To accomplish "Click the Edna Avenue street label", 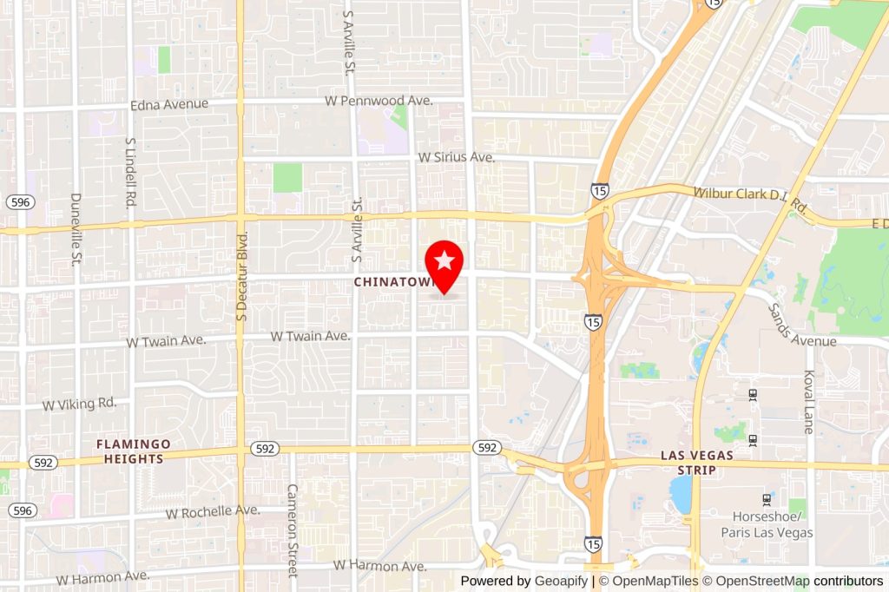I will point(169,104).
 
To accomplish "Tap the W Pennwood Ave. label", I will point(379,101).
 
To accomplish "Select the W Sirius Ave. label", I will point(456,158).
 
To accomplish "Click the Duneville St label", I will point(76,228).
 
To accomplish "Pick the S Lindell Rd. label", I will point(131,172).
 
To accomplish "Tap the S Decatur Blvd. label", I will point(243,276).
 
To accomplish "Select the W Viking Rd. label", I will point(79,404).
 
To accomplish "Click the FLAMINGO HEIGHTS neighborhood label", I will point(134,451).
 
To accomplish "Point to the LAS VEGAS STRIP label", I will point(697,462).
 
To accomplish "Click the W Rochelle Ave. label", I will point(213,511).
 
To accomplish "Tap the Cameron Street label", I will point(293,530).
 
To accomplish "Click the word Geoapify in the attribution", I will point(561,581).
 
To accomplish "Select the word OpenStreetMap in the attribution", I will point(756,581).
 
